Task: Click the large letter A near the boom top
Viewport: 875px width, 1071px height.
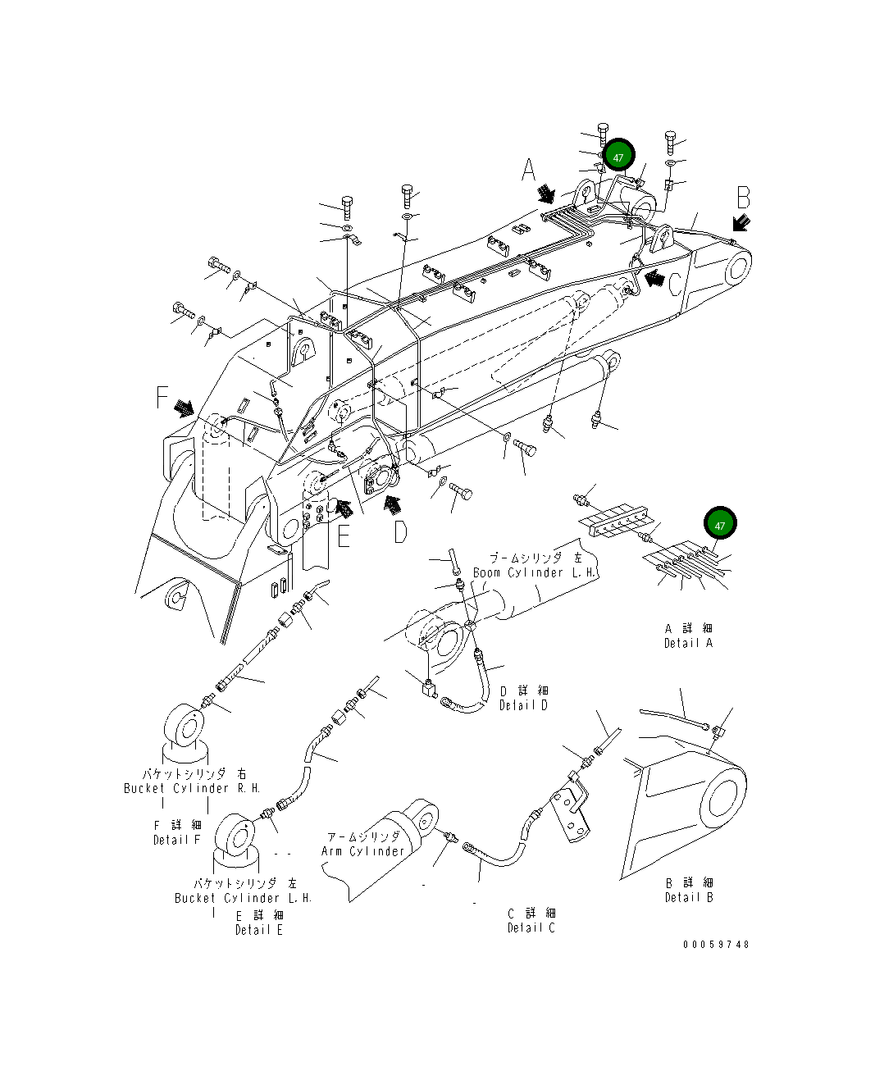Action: (529, 171)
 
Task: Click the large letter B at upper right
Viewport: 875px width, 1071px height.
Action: (743, 198)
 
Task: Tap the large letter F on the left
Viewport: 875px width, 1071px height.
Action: (162, 399)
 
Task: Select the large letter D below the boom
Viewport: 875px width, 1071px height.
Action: (399, 532)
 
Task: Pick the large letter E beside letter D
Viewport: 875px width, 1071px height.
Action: (344, 535)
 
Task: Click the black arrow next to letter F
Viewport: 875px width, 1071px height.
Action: (185, 407)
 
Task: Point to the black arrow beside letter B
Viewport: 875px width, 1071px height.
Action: (741, 222)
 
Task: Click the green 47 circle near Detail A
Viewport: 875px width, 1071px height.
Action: (719, 525)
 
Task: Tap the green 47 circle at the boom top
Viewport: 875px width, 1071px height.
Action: (619, 157)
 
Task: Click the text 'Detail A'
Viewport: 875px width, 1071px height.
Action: (688, 643)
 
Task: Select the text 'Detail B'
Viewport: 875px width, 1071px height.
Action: (689, 897)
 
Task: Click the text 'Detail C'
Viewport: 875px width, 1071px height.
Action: (531, 927)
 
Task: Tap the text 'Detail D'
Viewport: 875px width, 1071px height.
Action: (523, 704)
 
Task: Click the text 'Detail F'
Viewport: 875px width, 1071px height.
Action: (176, 840)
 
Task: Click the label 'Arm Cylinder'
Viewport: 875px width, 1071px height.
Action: (362, 851)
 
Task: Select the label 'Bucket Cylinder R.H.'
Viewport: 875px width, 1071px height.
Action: (192, 788)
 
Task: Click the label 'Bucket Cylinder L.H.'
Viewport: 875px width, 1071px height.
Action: (244, 898)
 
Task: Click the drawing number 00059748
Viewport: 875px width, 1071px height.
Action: (716, 944)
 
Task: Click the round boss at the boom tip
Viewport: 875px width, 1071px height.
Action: (736, 269)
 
